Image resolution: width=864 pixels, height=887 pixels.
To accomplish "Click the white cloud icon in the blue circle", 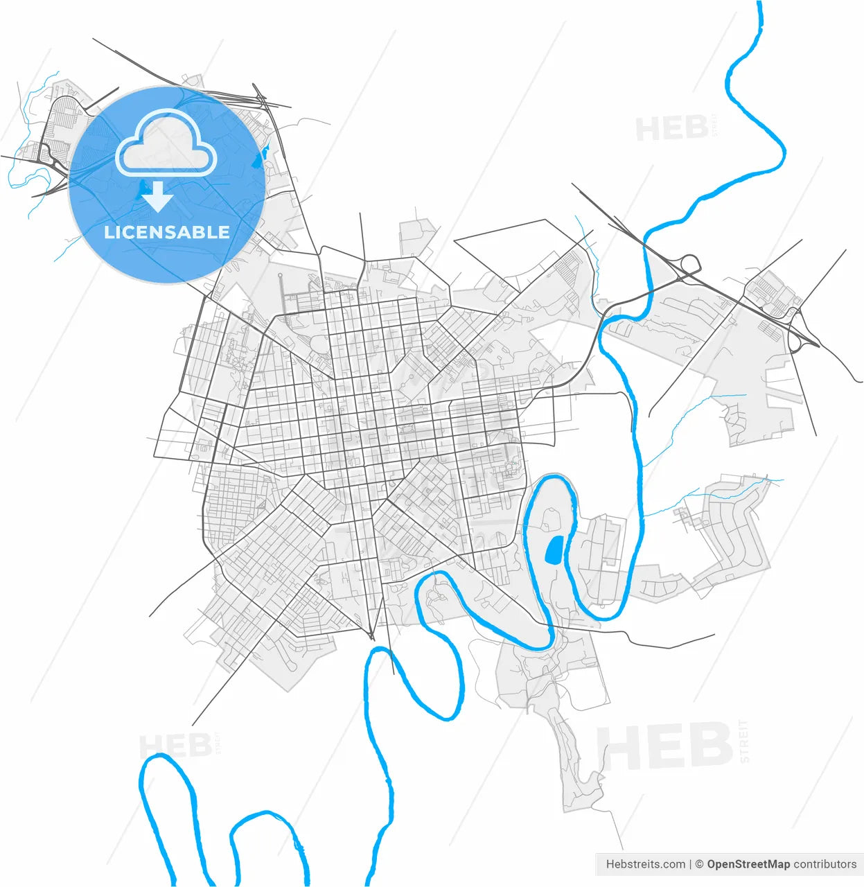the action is coord(166,144).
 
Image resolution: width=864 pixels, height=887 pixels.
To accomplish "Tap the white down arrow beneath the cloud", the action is coord(159,197).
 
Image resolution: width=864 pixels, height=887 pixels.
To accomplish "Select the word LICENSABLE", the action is coord(167,232).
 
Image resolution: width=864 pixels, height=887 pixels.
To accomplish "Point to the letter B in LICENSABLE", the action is coord(201,232).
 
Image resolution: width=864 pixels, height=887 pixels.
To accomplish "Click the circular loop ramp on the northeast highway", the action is coord(690,264).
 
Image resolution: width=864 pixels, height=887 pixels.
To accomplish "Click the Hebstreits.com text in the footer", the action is coord(646,864).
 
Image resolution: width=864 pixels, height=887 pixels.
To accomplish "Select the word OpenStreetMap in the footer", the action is coord(748,864).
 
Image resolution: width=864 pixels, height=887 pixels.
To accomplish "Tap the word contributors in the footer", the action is coord(825,864).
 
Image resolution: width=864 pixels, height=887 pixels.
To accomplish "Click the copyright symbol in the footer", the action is coord(700,864).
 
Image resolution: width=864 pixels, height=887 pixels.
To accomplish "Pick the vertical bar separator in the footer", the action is coord(691,864).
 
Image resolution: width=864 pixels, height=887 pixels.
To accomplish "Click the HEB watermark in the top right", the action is coord(671,129).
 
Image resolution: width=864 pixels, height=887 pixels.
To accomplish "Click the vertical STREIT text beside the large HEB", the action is coord(745,741).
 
